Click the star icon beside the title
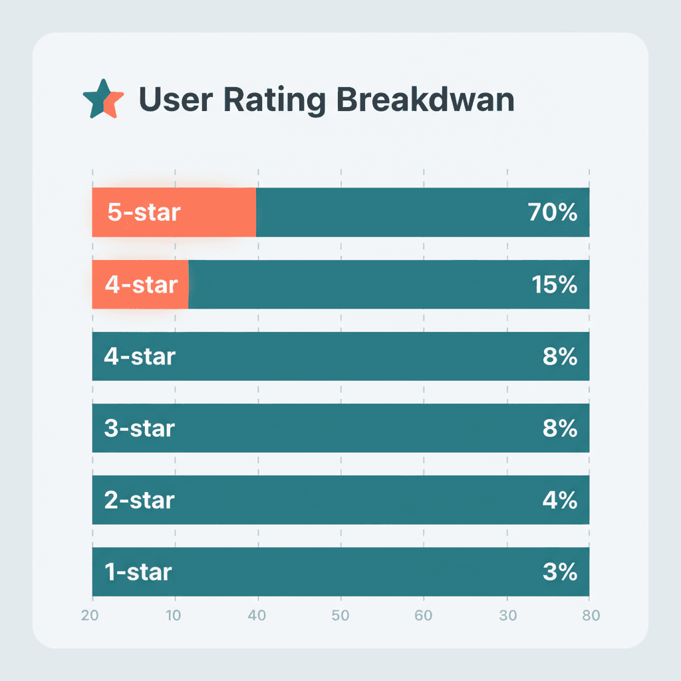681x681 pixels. point(103,100)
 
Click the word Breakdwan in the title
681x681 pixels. point(425,100)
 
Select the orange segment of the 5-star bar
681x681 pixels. point(174,212)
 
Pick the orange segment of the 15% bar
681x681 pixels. point(140,285)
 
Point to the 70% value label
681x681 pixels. point(552,213)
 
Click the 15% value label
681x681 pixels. point(554,285)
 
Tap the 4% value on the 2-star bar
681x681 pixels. point(559,500)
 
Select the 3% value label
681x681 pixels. point(559,572)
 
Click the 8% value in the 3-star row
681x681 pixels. point(559,428)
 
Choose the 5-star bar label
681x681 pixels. point(144,213)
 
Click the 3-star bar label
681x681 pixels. point(140,428)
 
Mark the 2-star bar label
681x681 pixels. point(140,500)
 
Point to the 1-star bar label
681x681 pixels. point(138,572)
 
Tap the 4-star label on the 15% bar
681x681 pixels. point(141,285)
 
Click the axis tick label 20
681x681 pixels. point(90,615)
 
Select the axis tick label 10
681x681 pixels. point(174,615)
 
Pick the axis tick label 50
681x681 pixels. point(340,615)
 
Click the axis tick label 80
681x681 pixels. point(589,615)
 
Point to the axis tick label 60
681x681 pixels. point(424,615)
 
